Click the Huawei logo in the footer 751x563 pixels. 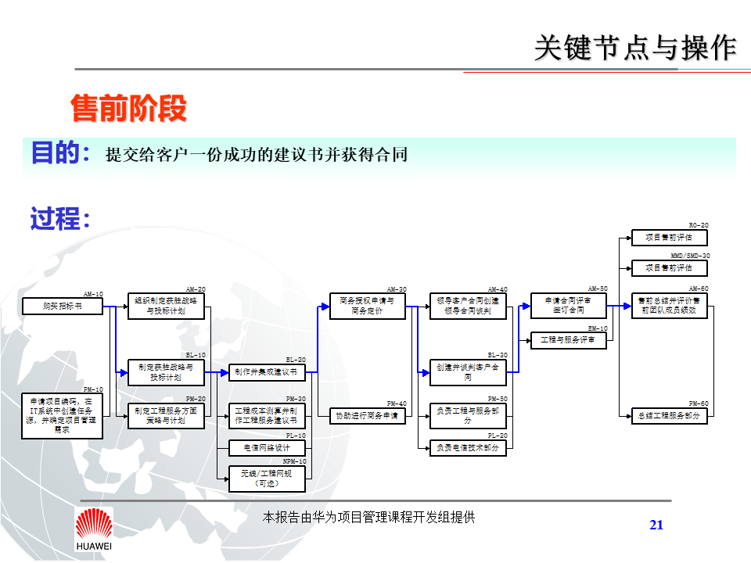pyautogui.click(x=93, y=529)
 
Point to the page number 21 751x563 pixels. pyautogui.click(x=656, y=525)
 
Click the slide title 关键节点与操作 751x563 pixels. pyautogui.click(x=635, y=48)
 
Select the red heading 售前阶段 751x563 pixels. pyautogui.click(x=129, y=109)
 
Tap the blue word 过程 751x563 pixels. pyautogui.click(x=56, y=218)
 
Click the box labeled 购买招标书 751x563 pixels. pyautogui.click(x=63, y=307)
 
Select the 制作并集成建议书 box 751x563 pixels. pyautogui.click(x=266, y=372)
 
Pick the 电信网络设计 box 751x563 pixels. pyautogui.click(x=266, y=448)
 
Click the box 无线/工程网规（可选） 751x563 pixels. pyautogui.click(x=266, y=479)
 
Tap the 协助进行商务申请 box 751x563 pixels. pyautogui.click(x=367, y=416)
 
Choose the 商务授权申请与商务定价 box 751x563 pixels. pyautogui.click(x=367, y=306)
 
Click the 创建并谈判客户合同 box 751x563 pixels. pyautogui.click(x=468, y=372)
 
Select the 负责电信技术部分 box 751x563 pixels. pyautogui.click(x=468, y=448)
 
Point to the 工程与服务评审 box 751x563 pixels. pyautogui.click(x=569, y=340)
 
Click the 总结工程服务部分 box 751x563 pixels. pyautogui.click(x=669, y=416)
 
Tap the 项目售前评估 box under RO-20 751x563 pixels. pyautogui.click(x=669, y=237)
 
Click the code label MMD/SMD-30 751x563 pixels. pyautogui.click(x=690, y=256)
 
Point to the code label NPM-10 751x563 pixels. pyautogui.click(x=295, y=461)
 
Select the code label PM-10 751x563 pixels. pyautogui.click(x=93, y=389)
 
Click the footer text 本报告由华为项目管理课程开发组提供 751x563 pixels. pyautogui.click(x=368, y=517)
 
